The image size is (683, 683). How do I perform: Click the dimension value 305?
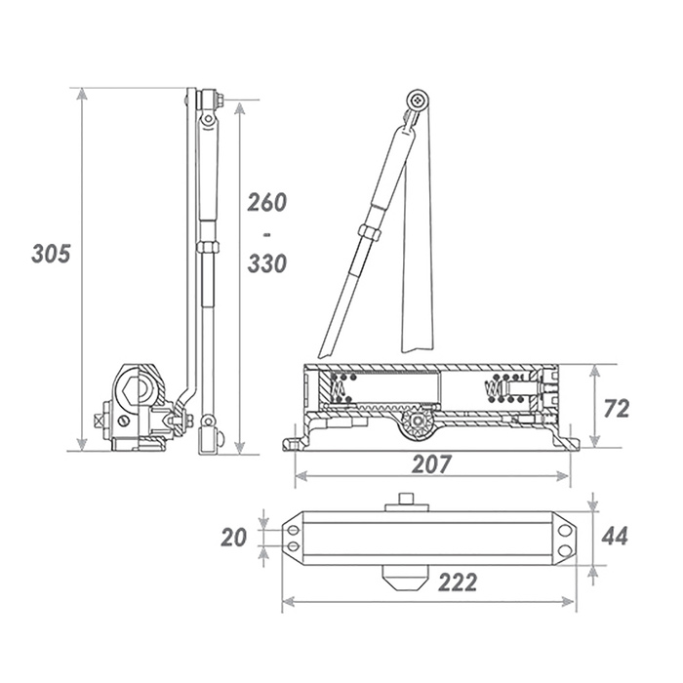point(51,253)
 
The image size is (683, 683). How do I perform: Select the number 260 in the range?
point(267,202)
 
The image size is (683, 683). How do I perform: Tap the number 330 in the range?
point(267,263)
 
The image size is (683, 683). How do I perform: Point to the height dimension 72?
point(617,409)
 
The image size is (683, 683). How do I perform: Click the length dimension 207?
point(431,463)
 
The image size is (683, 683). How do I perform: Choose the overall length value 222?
point(458,582)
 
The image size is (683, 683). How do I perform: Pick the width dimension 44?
point(615,536)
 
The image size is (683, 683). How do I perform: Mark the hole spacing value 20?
point(233,537)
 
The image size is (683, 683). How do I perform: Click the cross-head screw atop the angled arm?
point(419,100)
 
